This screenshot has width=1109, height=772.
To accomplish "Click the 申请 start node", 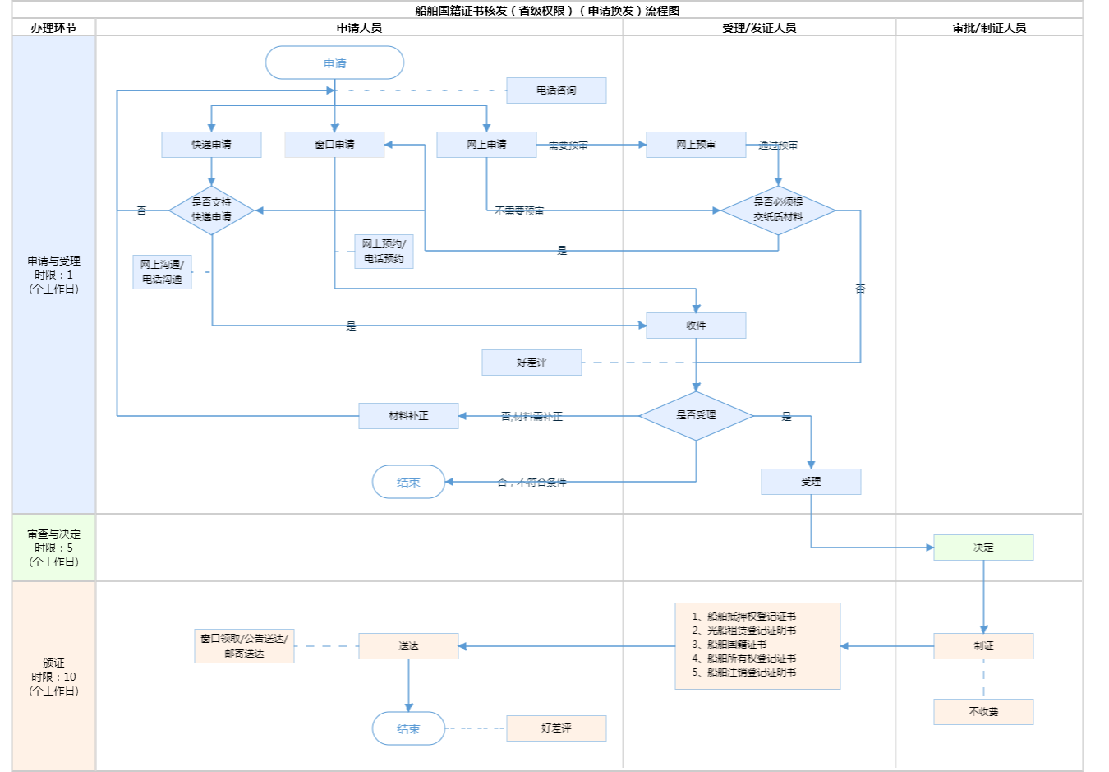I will click(334, 63).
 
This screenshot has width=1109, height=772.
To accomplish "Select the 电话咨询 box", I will click(556, 90).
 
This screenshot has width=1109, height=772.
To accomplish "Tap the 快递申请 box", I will click(211, 145).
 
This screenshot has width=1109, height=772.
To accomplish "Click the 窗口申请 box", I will click(334, 145).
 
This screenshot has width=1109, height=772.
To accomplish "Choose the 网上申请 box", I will click(486, 145).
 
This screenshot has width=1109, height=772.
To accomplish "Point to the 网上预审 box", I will click(696, 145).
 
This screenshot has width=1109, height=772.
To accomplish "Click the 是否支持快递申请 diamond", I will click(211, 210).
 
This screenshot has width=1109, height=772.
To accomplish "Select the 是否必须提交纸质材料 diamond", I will click(778, 210).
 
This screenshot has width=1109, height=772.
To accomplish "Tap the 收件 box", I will click(696, 326).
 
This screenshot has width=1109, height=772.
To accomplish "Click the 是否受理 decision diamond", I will click(696, 415).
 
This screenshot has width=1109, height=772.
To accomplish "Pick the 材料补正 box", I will click(408, 416).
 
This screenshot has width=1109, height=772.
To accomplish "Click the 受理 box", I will click(811, 482).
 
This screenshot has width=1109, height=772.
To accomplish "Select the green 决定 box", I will click(983, 548).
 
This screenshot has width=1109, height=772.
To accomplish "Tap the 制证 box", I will click(983, 646).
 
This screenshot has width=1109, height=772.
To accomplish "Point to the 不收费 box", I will click(983, 712).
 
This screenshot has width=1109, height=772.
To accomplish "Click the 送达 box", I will click(408, 646).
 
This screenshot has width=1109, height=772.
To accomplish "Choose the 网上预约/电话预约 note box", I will click(384, 252).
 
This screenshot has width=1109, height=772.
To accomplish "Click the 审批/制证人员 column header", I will click(989, 28).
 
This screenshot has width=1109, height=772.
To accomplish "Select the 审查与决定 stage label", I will click(54, 548).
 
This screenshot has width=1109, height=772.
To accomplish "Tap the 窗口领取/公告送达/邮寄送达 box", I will click(244, 646).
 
